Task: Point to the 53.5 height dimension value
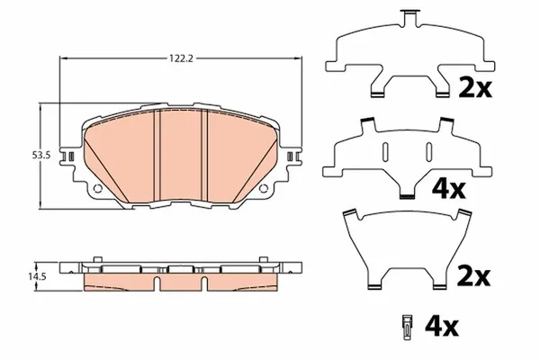[39, 156]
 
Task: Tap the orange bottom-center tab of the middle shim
[406, 193]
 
